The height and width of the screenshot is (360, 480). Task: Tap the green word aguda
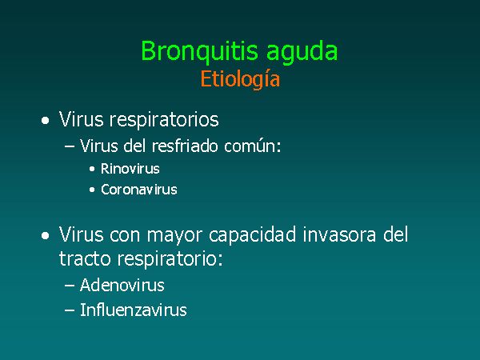302,52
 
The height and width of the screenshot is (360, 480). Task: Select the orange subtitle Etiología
240,79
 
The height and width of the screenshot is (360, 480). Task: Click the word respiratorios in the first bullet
164,120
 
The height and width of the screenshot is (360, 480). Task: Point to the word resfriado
185,146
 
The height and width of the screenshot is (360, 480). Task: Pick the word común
252,146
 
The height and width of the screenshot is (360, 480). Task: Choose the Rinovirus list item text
130,169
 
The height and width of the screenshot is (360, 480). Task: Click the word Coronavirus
139,190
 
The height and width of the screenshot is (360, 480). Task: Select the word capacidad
253,234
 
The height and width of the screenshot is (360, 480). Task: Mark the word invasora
339,234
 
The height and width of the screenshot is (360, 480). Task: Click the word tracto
85,258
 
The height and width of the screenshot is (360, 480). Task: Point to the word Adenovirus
122,286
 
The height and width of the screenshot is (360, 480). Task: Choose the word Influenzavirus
133,310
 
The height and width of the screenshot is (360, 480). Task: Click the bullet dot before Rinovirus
92,170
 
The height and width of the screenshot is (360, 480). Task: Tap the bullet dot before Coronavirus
92,190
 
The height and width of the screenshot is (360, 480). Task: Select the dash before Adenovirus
70,286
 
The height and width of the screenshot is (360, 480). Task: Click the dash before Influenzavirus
70,310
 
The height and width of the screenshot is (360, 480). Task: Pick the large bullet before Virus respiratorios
46,121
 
